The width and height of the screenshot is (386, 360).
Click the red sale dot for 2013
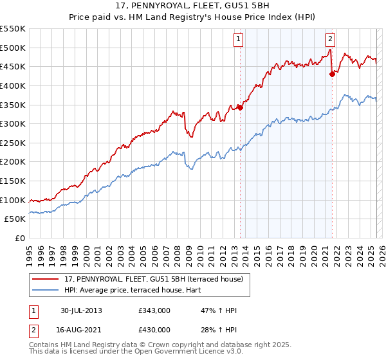coord(240,107)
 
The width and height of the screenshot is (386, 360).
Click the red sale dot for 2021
coord(332,74)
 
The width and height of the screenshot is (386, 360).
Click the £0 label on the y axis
coord(20,239)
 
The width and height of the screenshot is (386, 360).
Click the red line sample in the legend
coord(45,279)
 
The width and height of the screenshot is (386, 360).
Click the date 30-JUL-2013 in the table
coord(81,310)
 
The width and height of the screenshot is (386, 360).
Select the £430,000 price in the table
coord(154,330)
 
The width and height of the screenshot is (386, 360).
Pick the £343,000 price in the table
coord(154,310)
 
